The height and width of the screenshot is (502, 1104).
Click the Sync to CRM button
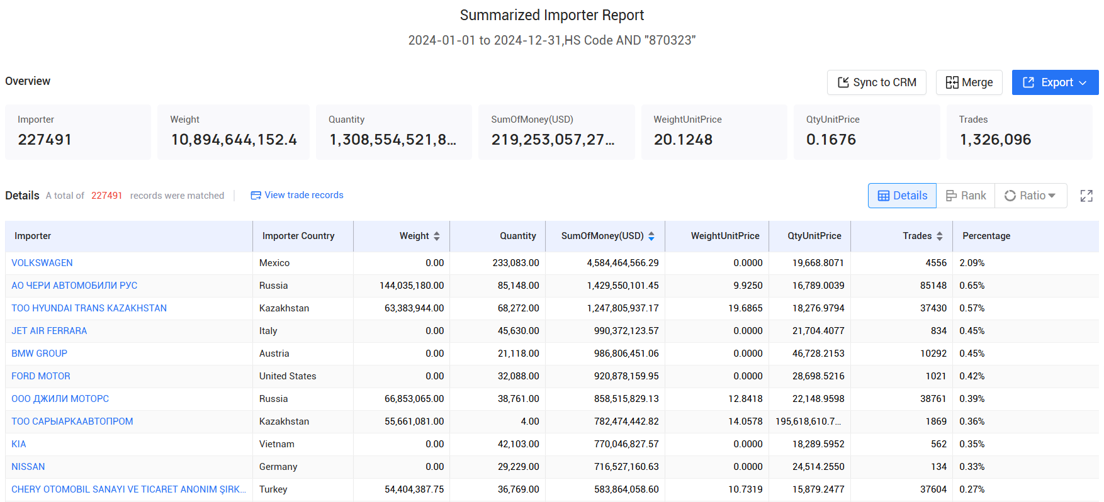[x=876, y=82]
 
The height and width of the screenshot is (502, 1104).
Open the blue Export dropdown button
[x=1055, y=82]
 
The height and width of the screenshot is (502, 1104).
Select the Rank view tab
[x=966, y=196]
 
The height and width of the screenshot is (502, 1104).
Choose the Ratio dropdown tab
[x=1030, y=196]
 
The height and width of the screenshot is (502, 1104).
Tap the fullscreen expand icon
[x=1086, y=196]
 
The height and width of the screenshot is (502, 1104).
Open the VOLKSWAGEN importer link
[x=42, y=263]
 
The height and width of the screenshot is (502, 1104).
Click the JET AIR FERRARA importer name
[x=49, y=331]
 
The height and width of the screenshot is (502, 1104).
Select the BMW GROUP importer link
[x=39, y=354]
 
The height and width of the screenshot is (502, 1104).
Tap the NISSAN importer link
[x=28, y=467]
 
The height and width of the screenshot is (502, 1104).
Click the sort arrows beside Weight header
[x=437, y=236]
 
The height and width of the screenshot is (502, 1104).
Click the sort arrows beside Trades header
[x=940, y=236]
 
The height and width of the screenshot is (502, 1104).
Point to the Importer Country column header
[x=298, y=236]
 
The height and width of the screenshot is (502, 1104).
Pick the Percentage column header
[x=986, y=236]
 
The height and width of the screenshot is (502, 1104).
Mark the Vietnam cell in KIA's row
[x=277, y=444]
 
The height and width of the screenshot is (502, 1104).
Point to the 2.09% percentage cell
[x=972, y=263]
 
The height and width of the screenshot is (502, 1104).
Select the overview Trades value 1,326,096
[x=995, y=140]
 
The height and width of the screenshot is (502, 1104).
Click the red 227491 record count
[x=106, y=196]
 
